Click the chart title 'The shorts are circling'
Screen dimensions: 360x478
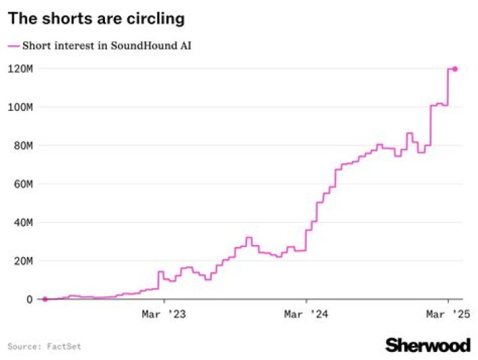[x=96, y=19]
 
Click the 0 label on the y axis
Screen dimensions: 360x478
[x=30, y=300]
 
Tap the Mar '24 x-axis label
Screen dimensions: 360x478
[x=306, y=314]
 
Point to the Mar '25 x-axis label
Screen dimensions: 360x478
[x=448, y=314]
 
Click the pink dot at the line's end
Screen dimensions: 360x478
[x=455, y=68]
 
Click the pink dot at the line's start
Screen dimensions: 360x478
[x=44, y=299]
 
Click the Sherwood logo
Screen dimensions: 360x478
[x=428, y=345]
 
